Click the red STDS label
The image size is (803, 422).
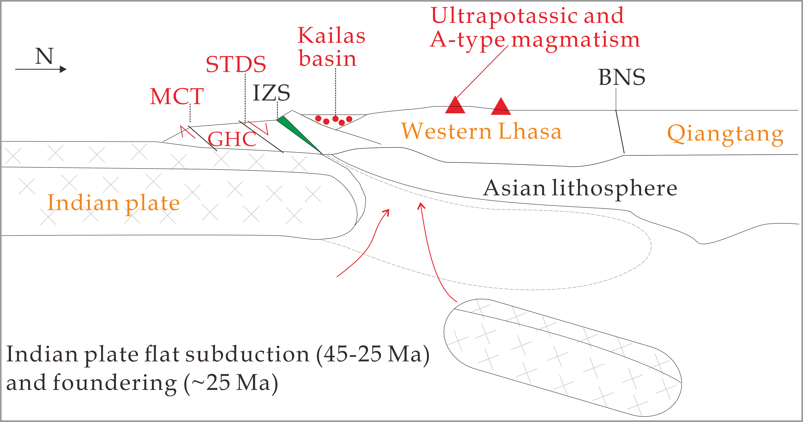236,64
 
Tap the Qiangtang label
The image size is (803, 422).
725,134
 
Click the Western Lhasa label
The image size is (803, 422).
482,131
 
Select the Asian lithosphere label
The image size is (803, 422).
580,188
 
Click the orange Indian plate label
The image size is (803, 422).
114,203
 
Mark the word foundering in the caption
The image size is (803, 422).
114,383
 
